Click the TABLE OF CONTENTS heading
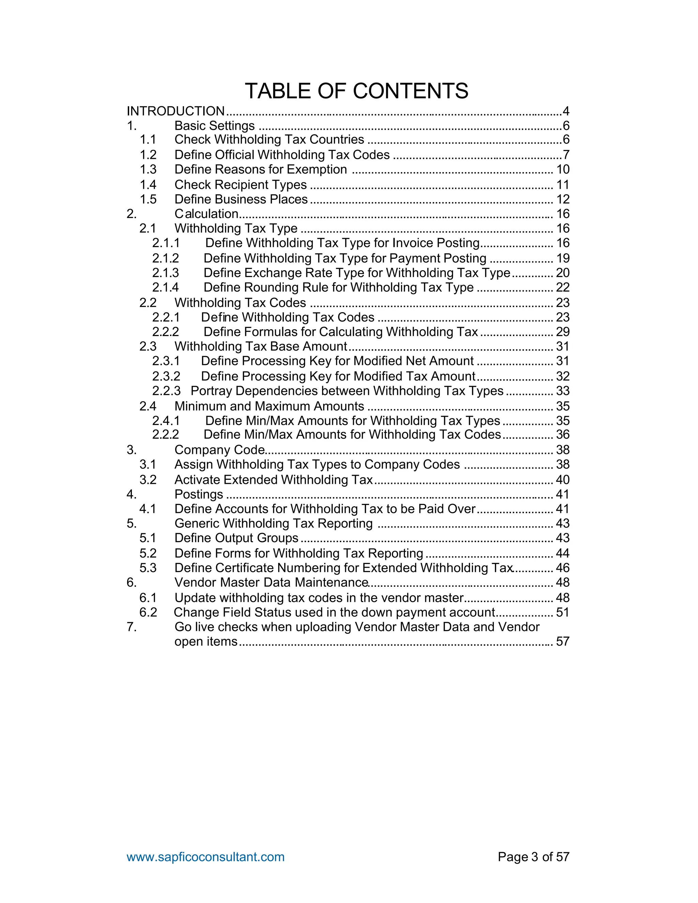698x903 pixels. pos(356,91)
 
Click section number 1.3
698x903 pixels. pos(148,169)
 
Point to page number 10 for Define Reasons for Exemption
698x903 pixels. pos(563,169)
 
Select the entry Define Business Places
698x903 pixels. pos(241,199)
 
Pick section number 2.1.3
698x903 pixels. pos(165,273)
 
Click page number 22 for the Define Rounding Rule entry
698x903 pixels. pos(563,287)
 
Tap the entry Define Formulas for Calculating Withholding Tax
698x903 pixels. pos(340,332)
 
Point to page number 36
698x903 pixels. pos(563,434)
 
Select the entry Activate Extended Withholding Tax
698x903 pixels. pos(273,480)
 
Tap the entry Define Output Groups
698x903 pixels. pos(236,538)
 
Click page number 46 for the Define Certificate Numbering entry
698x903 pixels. pos(563,568)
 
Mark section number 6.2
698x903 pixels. pos(148,612)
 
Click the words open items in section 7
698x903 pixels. pos(206,642)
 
